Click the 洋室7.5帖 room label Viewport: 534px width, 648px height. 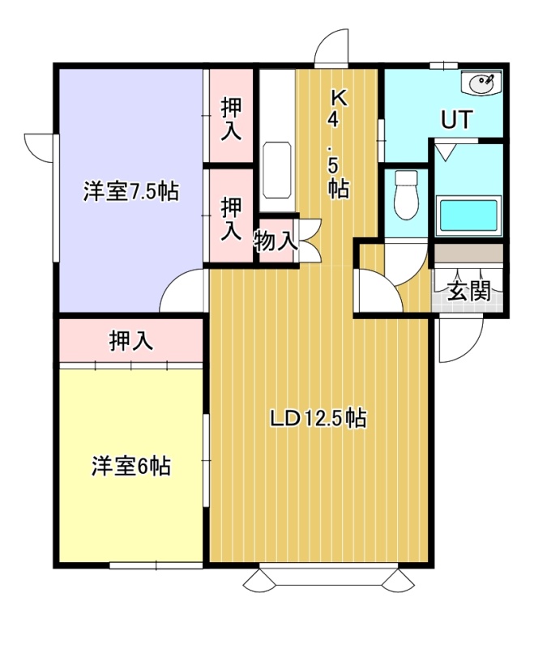[131, 191]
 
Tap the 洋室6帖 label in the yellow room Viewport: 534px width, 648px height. [131, 467]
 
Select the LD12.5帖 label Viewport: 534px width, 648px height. [318, 418]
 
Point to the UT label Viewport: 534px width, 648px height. [456, 119]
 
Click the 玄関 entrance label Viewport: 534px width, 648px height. [469, 291]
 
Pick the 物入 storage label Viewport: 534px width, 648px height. [276, 241]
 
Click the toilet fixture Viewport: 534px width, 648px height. [406, 195]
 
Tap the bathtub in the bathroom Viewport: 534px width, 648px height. [468, 215]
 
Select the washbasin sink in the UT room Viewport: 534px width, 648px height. [481, 83]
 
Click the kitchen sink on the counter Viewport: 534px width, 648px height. [276, 170]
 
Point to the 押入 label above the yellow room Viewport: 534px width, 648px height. [131, 340]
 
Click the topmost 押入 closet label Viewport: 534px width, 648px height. [231, 119]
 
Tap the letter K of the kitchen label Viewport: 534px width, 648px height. [339, 98]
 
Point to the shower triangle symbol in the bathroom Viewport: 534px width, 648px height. [446, 151]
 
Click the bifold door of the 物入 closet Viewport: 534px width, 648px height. [310, 240]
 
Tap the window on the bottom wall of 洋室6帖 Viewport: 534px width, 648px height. [156, 565]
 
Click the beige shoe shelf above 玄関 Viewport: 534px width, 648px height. [468, 253]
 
